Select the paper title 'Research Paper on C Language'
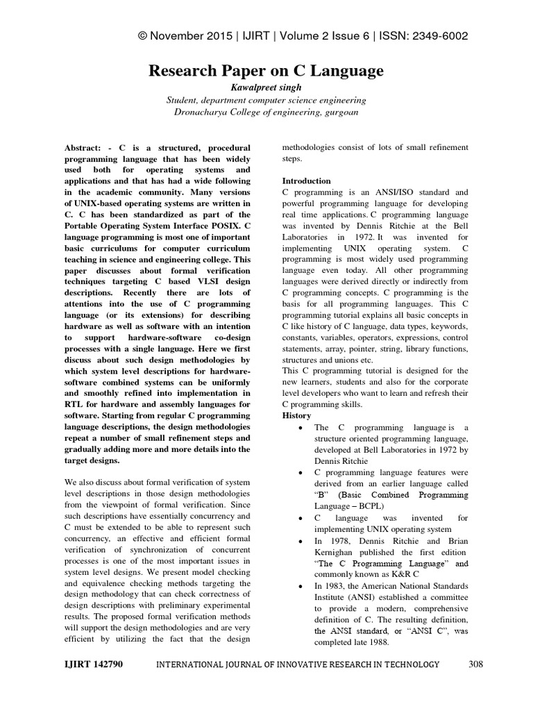pyautogui.click(x=266, y=71)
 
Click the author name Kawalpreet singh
pyautogui.click(x=266, y=87)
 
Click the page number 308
pyautogui.click(x=475, y=665)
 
